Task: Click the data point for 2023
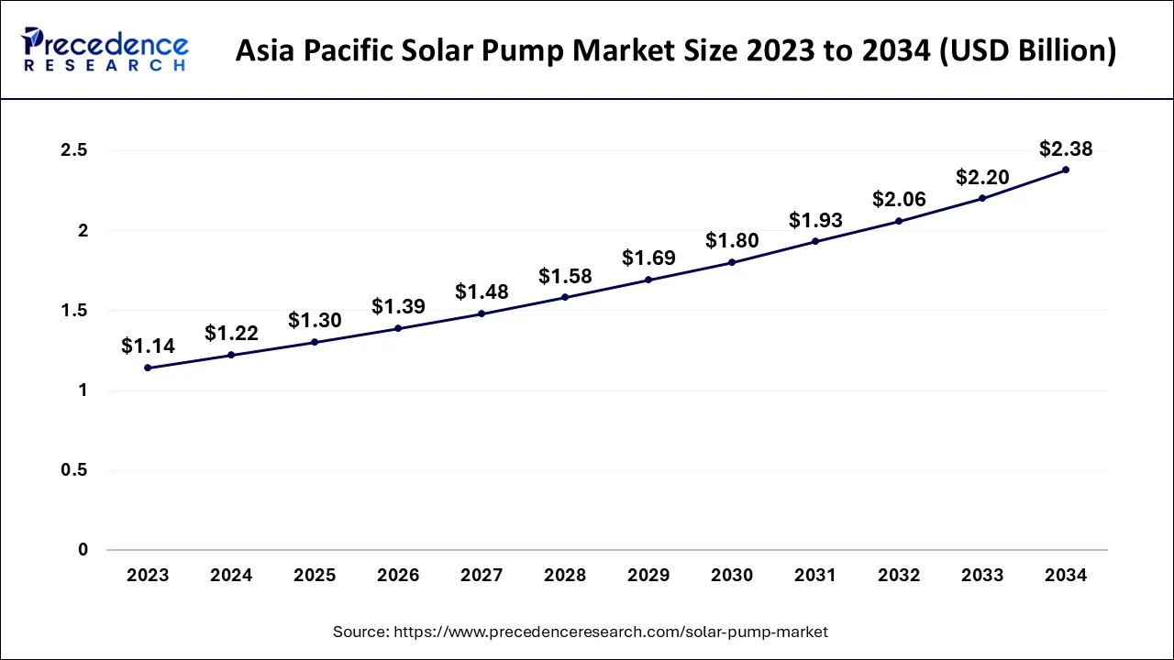pos(148,368)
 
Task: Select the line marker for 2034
pos(1065,170)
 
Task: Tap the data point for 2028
pos(565,297)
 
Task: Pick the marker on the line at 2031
pos(814,241)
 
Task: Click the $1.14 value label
pos(148,346)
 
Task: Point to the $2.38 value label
pos(1065,148)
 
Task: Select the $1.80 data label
pos(732,240)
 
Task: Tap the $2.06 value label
pos(899,199)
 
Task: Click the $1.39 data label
pos(398,306)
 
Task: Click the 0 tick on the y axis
pos(83,550)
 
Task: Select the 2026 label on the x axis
pos(398,576)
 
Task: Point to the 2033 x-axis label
pos(981,576)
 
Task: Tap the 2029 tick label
pos(648,576)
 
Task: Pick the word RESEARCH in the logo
pos(106,66)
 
